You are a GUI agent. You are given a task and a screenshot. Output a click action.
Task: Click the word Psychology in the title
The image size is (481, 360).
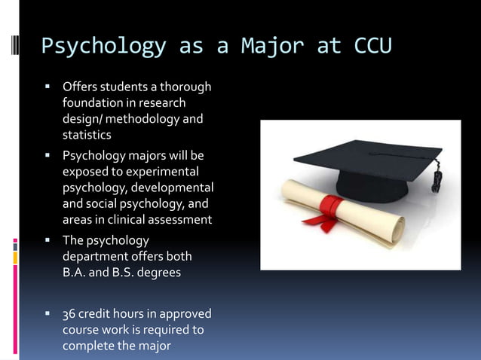pos(103,46)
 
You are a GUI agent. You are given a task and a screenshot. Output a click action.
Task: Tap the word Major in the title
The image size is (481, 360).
pos(272,46)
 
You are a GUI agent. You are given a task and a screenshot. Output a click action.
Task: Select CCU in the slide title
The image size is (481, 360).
pos(372,46)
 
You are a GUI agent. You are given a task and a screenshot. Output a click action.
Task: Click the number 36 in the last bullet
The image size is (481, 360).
pos(69,313)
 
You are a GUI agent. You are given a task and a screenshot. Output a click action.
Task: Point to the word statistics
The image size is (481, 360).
pos(87,135)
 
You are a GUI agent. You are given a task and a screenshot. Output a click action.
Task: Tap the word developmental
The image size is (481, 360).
pos(171,188)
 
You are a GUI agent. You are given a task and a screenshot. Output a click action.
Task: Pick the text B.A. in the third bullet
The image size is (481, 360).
pos(74,272)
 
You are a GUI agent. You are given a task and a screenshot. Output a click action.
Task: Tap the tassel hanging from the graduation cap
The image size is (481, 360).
pos(435,181)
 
